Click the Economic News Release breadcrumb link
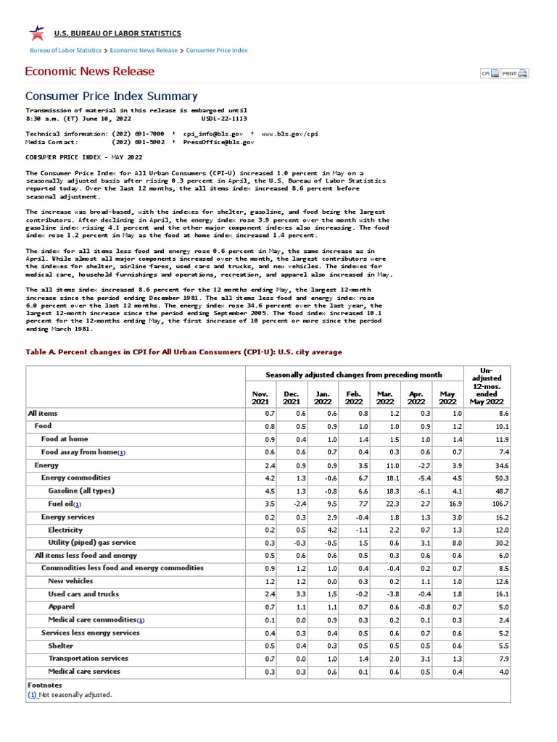[144, 51]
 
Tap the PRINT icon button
[516, 73]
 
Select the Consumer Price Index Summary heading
[111, 96]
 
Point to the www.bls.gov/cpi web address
[289, 134]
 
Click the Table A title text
[183, 352]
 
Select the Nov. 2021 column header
[259, 397]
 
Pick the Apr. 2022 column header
[416, 397]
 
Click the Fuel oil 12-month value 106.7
[500, 504]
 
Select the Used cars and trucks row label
[83, 594]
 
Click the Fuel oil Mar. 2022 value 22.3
[386, 504]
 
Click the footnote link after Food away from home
[122, 452]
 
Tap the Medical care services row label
[84, 672]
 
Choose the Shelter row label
[61, 646]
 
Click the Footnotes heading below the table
[44, 685]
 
